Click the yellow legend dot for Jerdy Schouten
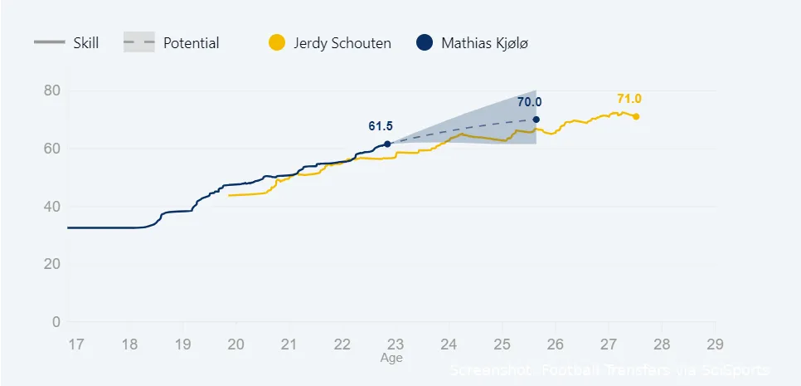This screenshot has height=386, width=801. (278, 43)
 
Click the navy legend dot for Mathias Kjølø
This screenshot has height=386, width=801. (425, 43)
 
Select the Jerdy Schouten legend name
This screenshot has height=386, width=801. (342, 43)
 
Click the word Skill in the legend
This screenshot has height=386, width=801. (86, 43)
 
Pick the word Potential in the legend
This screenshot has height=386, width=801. (192, 43)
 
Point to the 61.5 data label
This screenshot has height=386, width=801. (381, 126)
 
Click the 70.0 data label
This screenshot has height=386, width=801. (529, 102)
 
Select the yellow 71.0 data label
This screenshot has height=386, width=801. (629, 99)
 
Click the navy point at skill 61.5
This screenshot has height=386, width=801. (387, 144)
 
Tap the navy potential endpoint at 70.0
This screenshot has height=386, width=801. (536, 120)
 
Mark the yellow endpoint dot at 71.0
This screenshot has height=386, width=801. (636, 116)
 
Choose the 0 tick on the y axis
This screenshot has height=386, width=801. (56, 322)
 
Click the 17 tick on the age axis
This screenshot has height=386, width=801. (75, 344)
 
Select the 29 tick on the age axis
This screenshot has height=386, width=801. (715, 344)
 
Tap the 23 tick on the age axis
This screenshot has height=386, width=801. (396, 344)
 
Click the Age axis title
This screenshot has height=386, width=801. (391, 359)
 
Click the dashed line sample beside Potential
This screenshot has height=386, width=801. (139, 43)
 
